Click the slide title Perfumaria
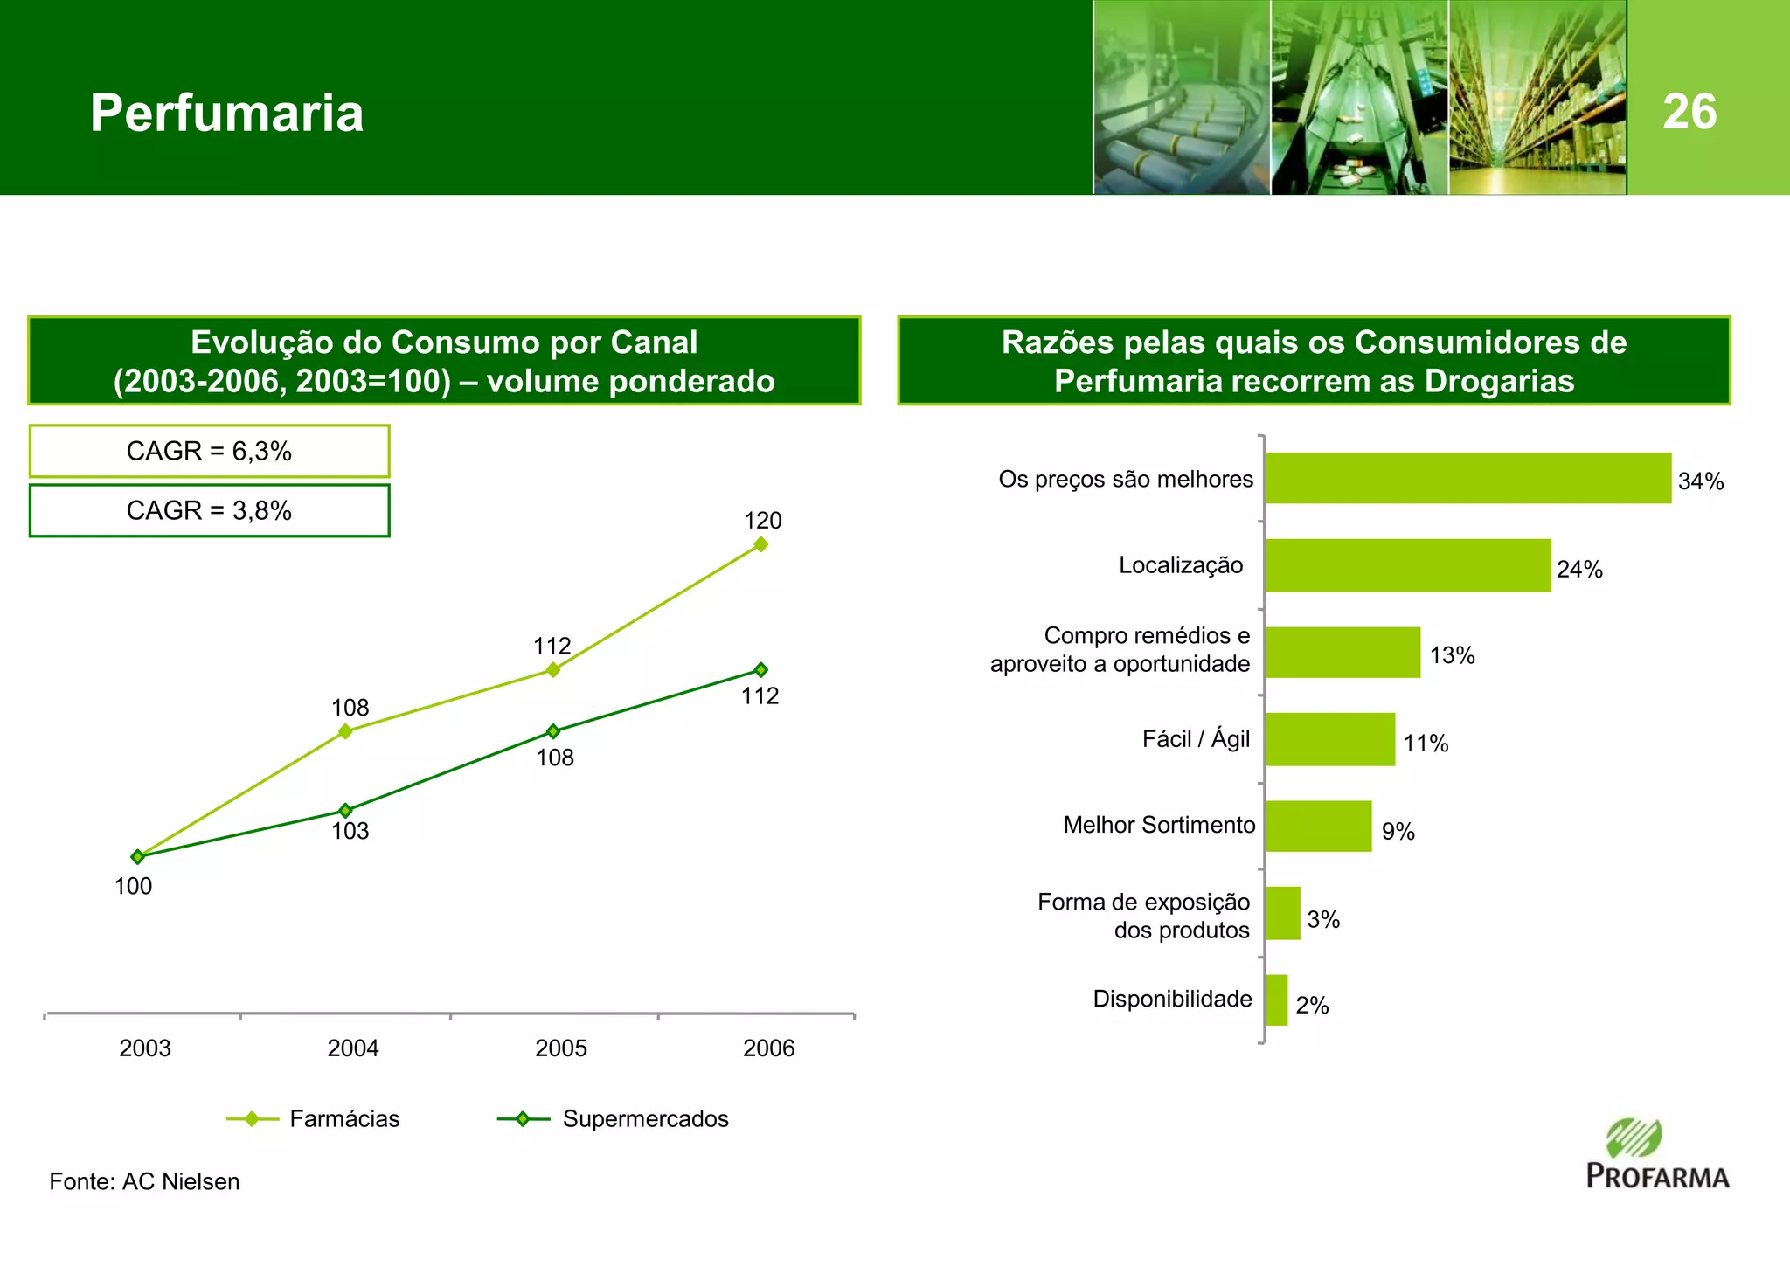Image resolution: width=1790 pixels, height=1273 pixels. click(x=226, y=113)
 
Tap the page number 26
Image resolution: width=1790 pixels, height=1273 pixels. click(x=1689, y=112)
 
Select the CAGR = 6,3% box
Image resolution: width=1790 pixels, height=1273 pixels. click(x=209, y=451)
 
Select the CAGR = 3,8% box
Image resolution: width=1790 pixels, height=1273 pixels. click(x=209, y=510)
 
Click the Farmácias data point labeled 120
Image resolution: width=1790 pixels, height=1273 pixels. click(x=760, y=544)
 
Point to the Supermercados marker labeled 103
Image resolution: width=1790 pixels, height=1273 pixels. click(x=345, y=811)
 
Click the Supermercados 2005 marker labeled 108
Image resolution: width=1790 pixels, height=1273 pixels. click(x=552, y=731)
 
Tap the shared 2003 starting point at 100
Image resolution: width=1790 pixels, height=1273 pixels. click(x=137, y=857)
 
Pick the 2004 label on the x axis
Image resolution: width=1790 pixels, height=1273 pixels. click(x=353, y=1048)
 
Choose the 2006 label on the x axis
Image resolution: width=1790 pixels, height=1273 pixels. click(x=768, y=1048)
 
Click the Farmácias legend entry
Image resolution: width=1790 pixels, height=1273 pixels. click(x=313, y=1119)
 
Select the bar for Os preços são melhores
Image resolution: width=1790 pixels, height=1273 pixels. click(x=1467, y=478)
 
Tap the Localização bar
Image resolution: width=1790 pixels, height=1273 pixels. click(x=1407, y=565)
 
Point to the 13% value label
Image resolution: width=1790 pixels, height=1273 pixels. click(x=1452, y=655)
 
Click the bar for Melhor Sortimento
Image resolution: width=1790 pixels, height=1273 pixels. click(x=1318, y=826)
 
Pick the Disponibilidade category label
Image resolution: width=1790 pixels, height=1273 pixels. click(x=1172, y=999)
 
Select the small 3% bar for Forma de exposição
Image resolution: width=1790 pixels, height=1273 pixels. click(x=1282, y=913)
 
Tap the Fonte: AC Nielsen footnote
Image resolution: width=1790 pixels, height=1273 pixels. click(x=144, y=1181)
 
